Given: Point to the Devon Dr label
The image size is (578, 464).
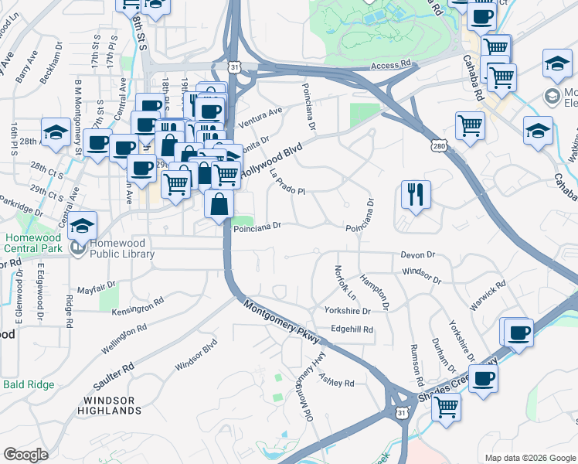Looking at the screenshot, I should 418,254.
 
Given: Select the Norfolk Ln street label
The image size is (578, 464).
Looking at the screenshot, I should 342,283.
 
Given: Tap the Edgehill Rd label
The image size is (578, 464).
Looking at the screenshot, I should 352,329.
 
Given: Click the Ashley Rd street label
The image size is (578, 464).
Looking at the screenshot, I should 336,378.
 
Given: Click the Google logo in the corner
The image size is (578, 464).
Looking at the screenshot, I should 25,455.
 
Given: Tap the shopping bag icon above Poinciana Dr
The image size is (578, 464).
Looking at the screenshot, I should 219,204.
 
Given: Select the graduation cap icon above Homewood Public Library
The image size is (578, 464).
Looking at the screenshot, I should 83,226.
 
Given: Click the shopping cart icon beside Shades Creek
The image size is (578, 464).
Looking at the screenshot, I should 446,406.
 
